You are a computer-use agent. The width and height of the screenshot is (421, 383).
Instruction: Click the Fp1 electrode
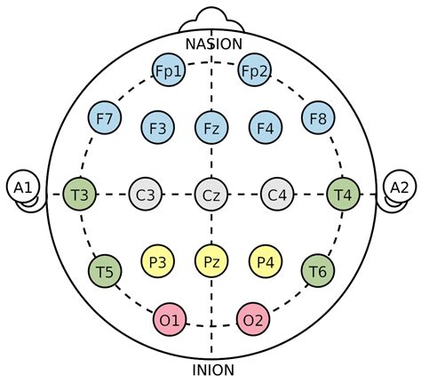(x=169, y=70)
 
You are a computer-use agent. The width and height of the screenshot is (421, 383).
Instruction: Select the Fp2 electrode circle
(x=254, y=70)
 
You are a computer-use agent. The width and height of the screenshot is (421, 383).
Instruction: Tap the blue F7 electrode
(x=105, y=118)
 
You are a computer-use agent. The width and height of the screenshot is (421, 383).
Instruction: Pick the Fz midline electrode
(x=211, y=128)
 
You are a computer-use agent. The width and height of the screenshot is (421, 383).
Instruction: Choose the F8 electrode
(x=318, y=118)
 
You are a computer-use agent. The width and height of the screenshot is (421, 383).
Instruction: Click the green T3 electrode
(x=80, y=195)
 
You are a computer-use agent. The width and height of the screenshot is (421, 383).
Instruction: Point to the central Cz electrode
(x=211, y=195)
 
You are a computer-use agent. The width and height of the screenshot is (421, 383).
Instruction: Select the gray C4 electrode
(x=277, y=195)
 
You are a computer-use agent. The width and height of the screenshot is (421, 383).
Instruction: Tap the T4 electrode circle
(x=344, y=195)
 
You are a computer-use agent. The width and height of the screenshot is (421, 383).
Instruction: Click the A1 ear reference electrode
(x=23, y=187)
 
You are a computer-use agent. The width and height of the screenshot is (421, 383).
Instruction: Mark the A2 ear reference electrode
(x=400, y=187)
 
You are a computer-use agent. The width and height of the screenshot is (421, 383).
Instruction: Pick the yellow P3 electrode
(x=157, y=261)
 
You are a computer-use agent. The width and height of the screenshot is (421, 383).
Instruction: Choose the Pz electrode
(x=211, y=261)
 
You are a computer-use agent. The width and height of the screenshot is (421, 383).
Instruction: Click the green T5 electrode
(x=105, y=271)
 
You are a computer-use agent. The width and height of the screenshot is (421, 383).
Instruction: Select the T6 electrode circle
(x=318, y=271)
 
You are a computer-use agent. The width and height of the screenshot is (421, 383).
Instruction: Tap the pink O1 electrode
(x=170, y=320)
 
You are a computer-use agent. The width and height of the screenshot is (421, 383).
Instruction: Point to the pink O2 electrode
(x=253, y=320)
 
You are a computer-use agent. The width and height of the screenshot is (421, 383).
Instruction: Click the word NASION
(x=214, y=44)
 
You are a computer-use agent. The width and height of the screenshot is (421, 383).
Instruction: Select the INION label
(x=213, y=370)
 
